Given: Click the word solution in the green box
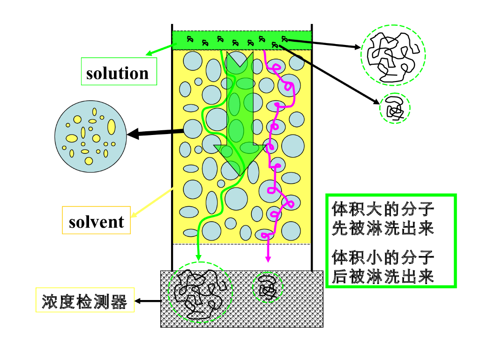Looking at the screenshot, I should pos(118,73).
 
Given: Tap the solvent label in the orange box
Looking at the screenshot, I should pos(97,222).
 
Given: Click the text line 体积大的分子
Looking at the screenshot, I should pos(383,208).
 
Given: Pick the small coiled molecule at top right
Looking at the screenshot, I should pos(394,108).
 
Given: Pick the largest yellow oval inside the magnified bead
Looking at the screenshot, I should pos(111,127).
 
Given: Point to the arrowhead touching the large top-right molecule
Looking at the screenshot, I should pos(357,47).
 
